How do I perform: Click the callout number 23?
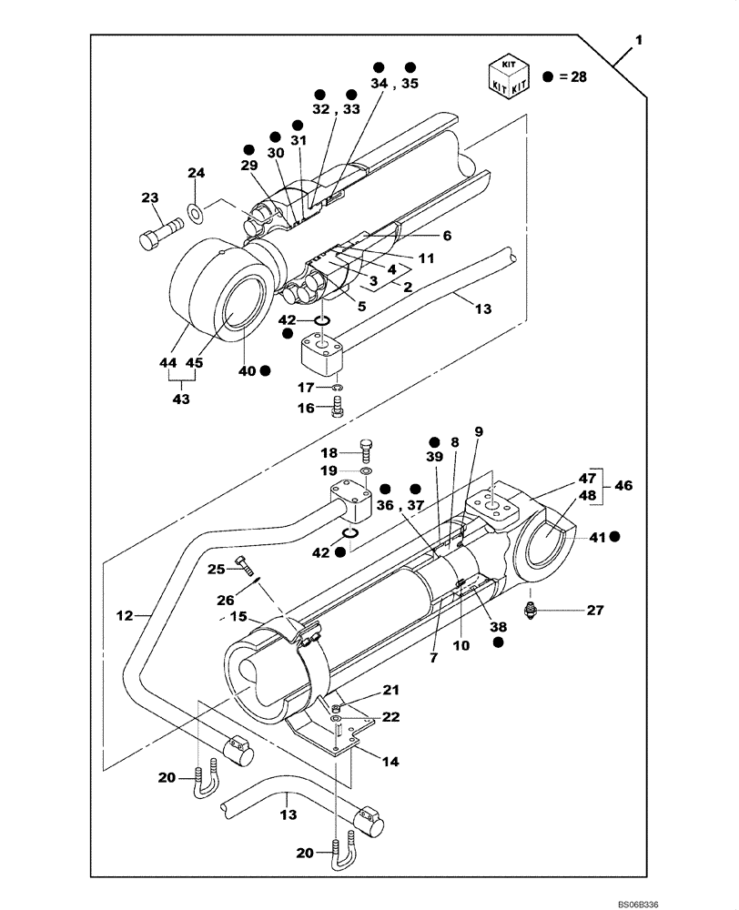pyautogui.click(x=150, y=197)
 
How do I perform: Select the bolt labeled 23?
pyautogui.click(x=157, y=233)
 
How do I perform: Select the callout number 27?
pyautogui.click(x=594, y=611)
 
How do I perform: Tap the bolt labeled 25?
pyautogui.click(x=244, y=567)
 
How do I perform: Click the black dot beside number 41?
pyautogui.click(x=615, y=538)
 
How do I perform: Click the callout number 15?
pyautogui.click(x=238, y=617)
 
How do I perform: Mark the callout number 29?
pyautogui.click(x=249, y=166)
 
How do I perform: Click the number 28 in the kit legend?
pyautogui.click(x=577, y=77)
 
